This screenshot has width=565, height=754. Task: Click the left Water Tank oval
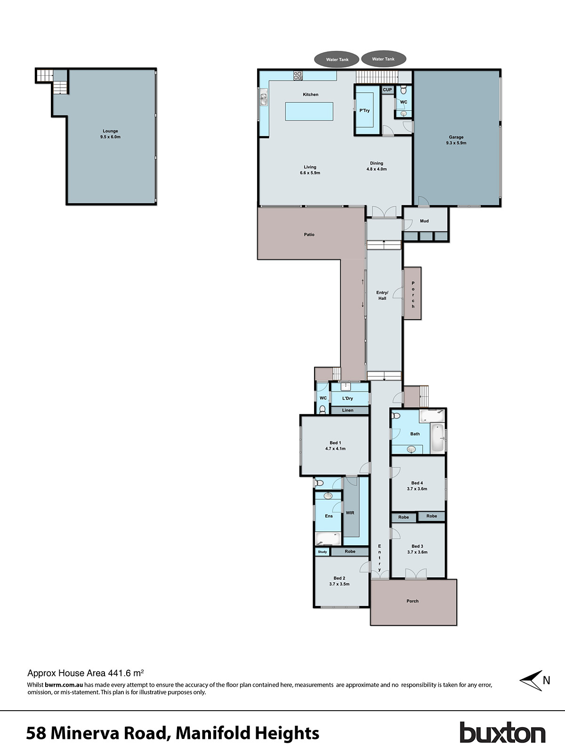click(338, 59)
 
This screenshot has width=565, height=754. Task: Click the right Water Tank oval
click(383, 59)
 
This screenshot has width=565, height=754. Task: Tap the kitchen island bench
click(309, 112)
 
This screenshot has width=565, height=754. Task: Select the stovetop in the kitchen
click(298, 74)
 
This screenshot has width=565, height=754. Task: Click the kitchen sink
click(264, 99)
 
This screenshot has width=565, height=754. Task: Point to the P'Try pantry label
click(364, 111)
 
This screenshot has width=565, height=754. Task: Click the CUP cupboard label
click(387, 90)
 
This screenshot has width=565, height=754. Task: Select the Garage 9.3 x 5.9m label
click(456, 140)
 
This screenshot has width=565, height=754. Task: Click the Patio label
click(309, 234)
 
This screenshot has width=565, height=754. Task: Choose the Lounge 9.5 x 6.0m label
click(110, 134)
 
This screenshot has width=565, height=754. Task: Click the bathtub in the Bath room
click(437, 438)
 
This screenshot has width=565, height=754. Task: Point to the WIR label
click(350, 513)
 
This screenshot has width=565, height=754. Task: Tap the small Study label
click(322, 552)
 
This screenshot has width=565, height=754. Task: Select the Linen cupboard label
click(347, 410)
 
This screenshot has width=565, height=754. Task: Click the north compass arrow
click(532, 680)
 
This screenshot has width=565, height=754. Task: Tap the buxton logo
click(502, 733)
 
